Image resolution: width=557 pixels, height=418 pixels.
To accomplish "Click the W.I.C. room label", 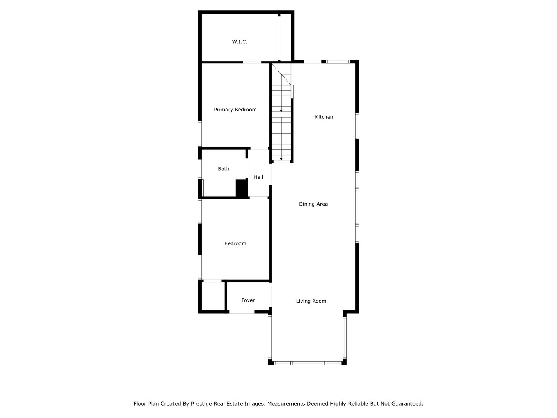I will click(x=239, y=42).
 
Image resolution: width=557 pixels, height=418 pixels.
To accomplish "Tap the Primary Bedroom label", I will click(x=235, y=110).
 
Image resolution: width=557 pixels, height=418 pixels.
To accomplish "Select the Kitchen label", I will click(x=324, y=117).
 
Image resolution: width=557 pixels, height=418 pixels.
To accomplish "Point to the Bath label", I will click(x=223, y=169).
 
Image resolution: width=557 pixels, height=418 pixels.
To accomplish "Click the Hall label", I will click(x=258, y=177).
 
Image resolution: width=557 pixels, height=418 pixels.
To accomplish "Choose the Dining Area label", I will click(x=313, y=204).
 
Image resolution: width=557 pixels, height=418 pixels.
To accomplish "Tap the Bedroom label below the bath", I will click(x=235, y=244).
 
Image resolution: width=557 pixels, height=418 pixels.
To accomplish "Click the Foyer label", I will click(x=248, y=300).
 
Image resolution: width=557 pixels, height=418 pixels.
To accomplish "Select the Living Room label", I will click(x=311, y=301).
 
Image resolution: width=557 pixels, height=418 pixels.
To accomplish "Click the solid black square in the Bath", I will click(x=241, y=188).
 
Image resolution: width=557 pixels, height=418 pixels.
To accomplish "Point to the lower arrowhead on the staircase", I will click(x=281, y=158).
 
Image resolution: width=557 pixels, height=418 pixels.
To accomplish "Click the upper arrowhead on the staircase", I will click(x=281, y=111).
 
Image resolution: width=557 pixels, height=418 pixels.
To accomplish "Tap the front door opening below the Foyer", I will click(x=242, y=311).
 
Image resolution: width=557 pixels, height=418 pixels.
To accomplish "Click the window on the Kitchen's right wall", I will click(x=357, y=125).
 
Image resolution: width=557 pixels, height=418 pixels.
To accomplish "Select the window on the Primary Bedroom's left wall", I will click(x=200, y=134).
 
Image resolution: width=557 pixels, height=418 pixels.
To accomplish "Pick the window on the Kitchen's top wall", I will click(x=338, y=62).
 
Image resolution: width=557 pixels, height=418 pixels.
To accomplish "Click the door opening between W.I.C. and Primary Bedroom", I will click(x=252, y=62).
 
